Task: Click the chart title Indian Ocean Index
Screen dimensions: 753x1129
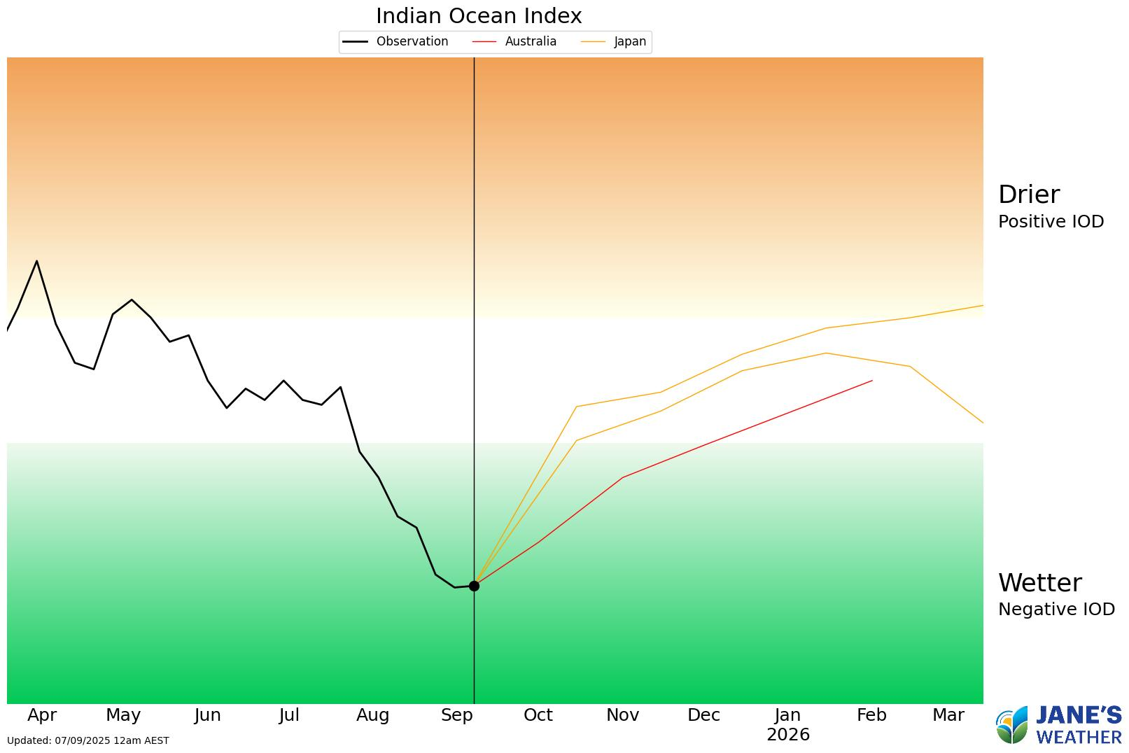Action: (479, 15)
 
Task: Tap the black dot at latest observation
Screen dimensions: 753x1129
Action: (474, 586)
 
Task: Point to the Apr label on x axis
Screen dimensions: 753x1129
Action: (42, 715)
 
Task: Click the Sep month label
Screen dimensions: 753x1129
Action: (457, 715)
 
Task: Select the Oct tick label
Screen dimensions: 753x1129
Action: (538, 715)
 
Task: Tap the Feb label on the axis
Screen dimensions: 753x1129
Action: (871, 715)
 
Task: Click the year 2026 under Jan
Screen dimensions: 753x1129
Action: (788, 735)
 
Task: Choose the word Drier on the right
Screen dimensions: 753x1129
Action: (1029, 195)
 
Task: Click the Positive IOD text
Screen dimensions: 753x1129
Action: (1051, 222)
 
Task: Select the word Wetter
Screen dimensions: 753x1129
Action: (1039, 583)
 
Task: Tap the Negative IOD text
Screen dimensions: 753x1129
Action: (1056, 610)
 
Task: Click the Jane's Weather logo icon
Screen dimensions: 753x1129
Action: (1012, 726)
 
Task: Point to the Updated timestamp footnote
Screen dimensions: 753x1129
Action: (88, 740)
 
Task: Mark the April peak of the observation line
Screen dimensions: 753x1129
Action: (36, 261)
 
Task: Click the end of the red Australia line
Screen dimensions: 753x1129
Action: (872, 381)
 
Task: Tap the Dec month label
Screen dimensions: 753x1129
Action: (703, 715)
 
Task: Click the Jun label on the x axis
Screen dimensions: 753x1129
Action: (208, 715)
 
